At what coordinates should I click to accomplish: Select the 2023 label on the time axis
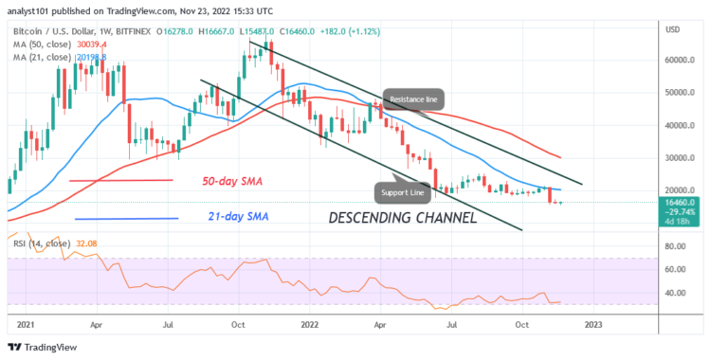coord(592,324)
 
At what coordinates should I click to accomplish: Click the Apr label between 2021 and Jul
coord(98,324)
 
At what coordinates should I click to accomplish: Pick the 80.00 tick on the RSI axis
coord(675,246)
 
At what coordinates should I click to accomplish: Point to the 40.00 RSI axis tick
coord(675,292)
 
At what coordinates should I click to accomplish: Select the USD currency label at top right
coord(675,30)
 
